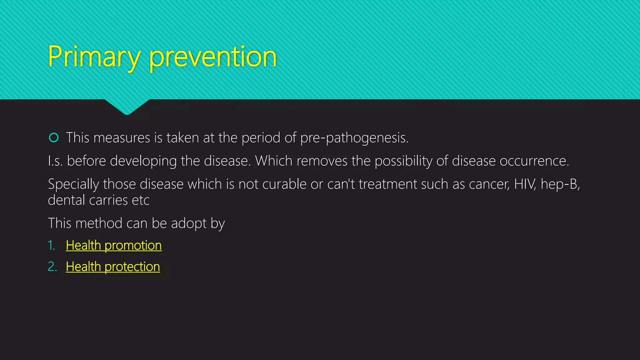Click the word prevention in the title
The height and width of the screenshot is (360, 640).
pyautogui.click(x=213, y=57)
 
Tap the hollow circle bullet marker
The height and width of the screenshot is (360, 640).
pyautogui.click(x=54, y=137)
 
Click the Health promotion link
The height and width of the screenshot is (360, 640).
pyautogui.click(x=114, y=245)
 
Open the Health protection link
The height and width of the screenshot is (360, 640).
pyautogui.click(x=113, y=267)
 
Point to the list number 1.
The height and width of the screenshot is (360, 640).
pyautogui.click(x=51, y=245)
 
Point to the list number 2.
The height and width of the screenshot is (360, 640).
pyautogui.click(x=52, y=267)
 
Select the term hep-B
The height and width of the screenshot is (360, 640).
pyautogui.click(x=560, y=184)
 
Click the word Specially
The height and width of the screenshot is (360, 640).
pyautogui.click(x=73, y=184)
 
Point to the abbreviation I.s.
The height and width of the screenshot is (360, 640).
pyautogui.click(x=55, y=161)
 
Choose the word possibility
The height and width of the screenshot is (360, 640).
pyautogui.click(x=403, y=161)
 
